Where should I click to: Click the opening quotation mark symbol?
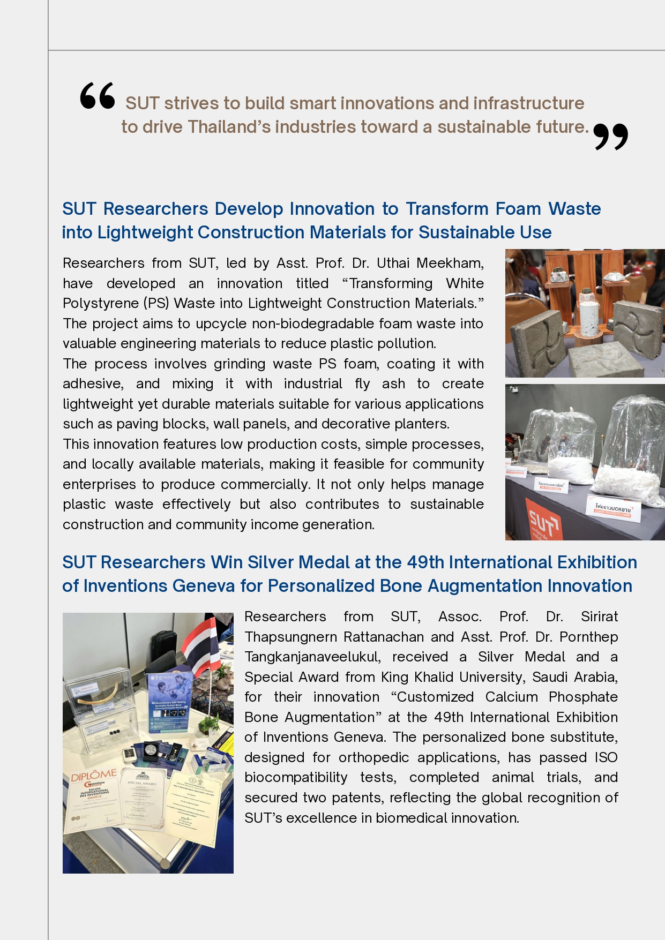pyautogui.click(x=98, y=96)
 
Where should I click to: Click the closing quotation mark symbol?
pyautogui.click(x=610, y=137)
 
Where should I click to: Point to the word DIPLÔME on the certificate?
pyautogui.click(x=94, y=775)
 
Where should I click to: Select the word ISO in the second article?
pyautogui.click(x=606, y=757)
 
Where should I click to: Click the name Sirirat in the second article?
pyautogui.click(x=599, y=616)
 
